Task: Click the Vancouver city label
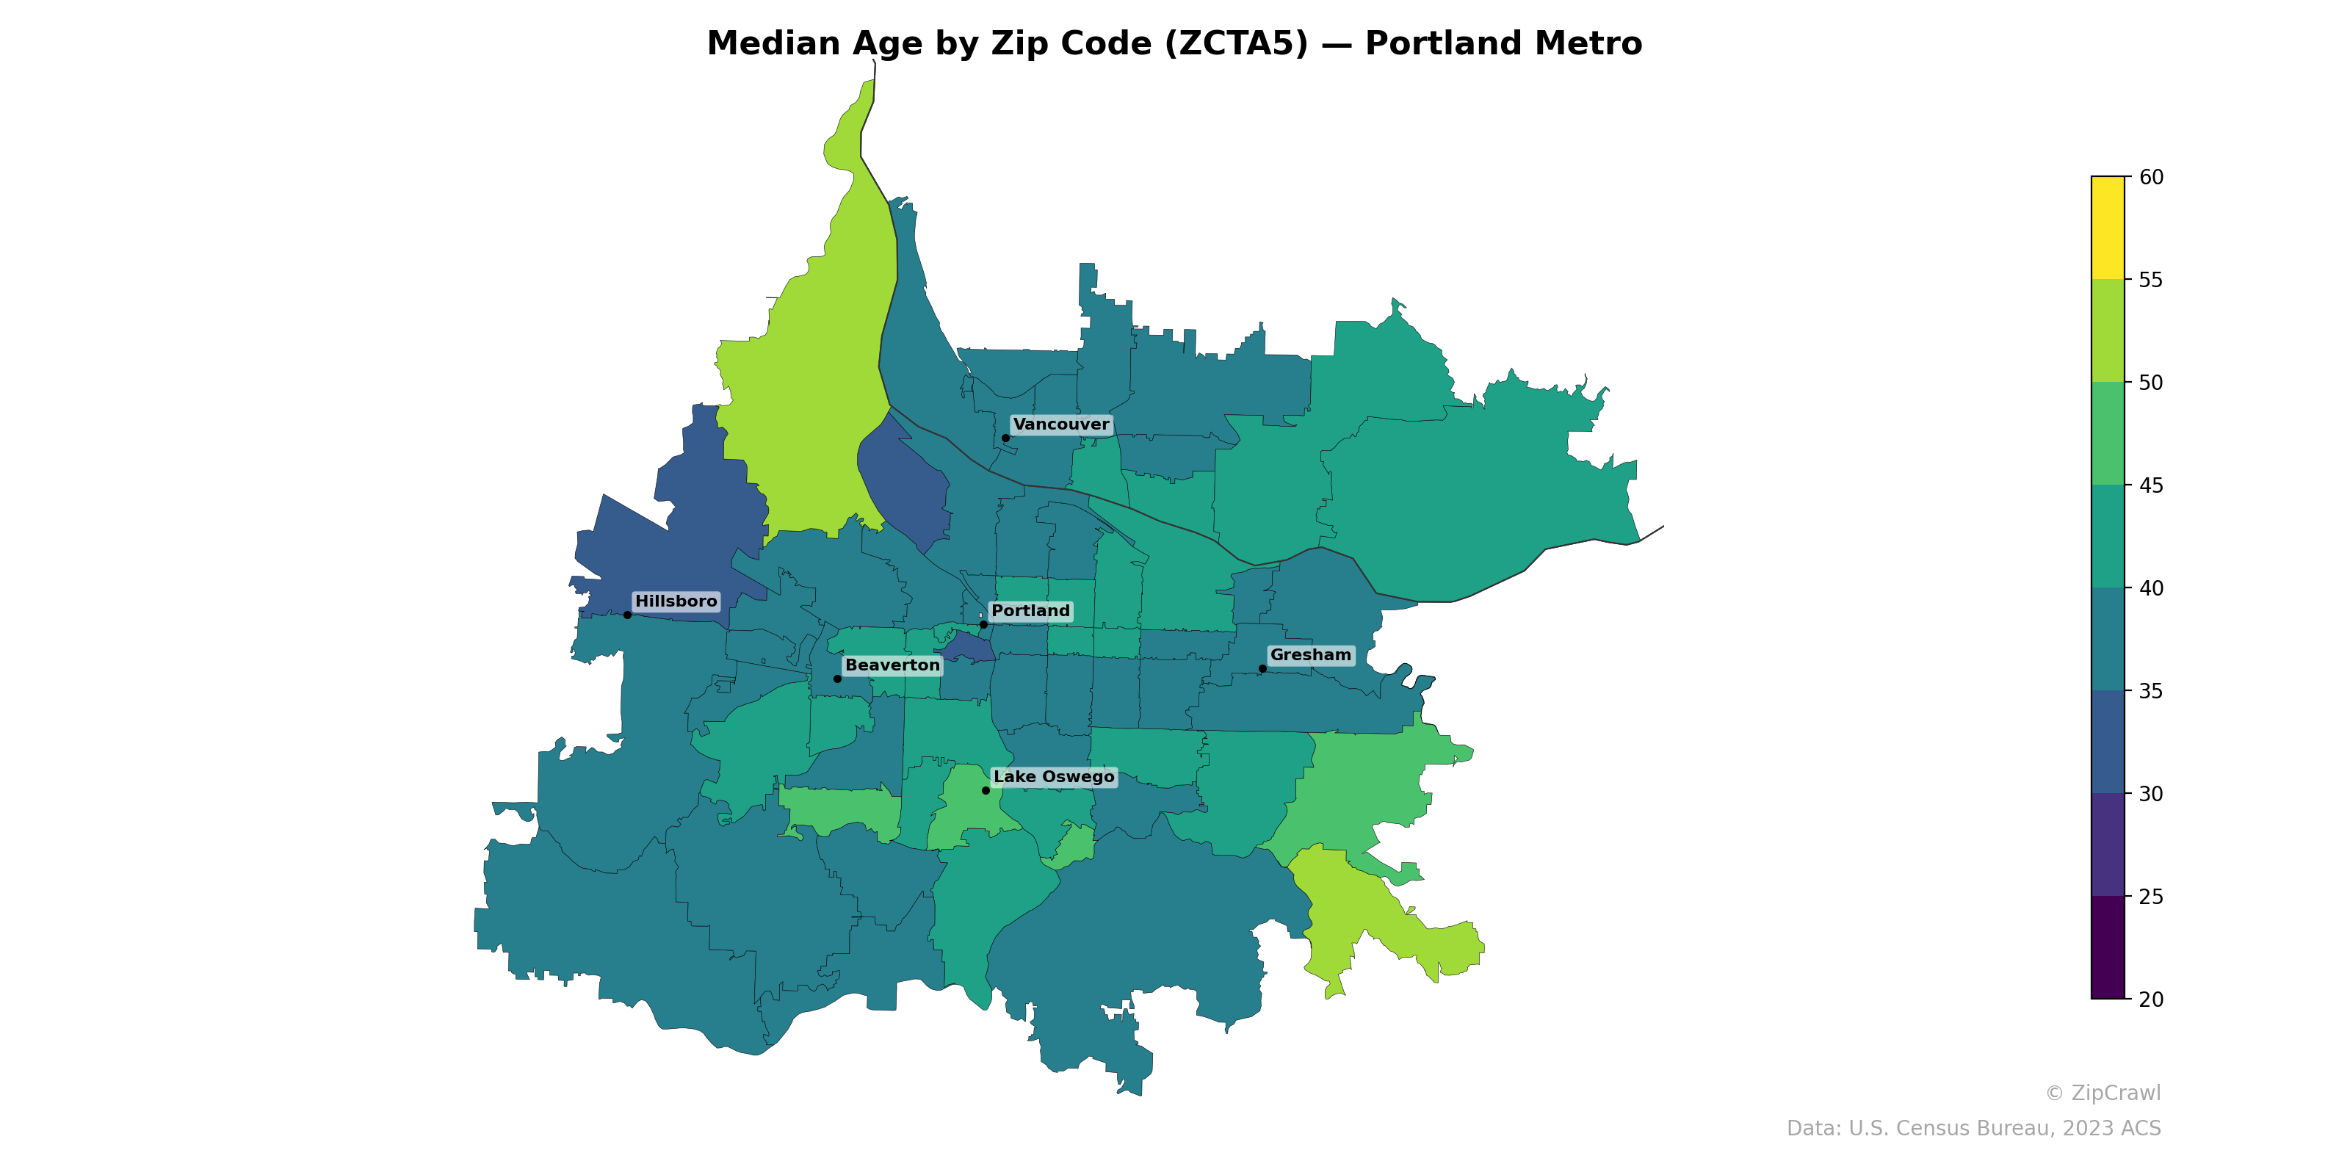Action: (1061, 424)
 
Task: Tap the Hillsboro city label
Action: (676, 601)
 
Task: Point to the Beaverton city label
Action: (892, 665)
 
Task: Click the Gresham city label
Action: (1310, 655)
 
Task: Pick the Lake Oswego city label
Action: (1054, 776)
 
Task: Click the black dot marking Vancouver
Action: (1005, 438)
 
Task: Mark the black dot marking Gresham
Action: (1262, 669)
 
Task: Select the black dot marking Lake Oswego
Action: (986, 790)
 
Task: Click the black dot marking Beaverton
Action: (837, 679)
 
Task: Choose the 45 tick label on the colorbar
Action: (2151, 485)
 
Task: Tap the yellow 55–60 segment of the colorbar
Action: (2108, 228)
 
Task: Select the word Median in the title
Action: (773, 44)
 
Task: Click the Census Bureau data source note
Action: (1973, 1129)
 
